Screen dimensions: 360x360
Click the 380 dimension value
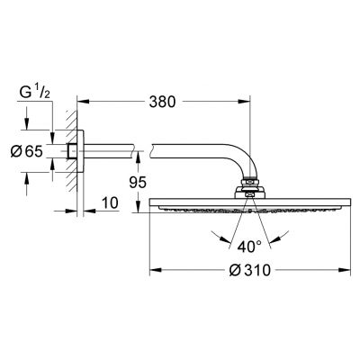click(x=162, y=102)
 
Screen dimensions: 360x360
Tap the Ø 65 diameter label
click(x=27, y=151)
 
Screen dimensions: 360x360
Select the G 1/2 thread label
click(x=34, y=93)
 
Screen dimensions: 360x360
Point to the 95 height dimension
click(x=138, y=183)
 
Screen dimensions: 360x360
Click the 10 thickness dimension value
click(x=110, y=203)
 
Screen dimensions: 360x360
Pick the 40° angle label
click(x=249, y=247)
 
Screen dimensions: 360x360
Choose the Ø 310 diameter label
click(x=249, y=270)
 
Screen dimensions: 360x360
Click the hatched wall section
click(x=72, y=151)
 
